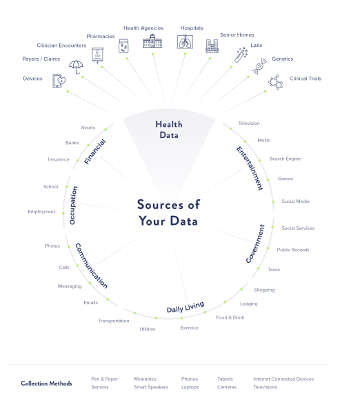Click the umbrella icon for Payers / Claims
[76, 67]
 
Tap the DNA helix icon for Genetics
[259, 66]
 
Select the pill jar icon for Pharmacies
[123, 46]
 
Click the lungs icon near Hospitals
[185, 41]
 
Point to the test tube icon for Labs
[241, 54]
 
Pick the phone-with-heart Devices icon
[59, 81]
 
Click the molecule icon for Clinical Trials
[275, 82]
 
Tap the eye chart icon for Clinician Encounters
[98, 55]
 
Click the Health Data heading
[169, 130]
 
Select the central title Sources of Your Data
[168, 212]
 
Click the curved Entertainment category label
[250, 168]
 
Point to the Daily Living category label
[186, 307]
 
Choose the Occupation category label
[73, 205]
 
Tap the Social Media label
[296, 201]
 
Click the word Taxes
[274, 270]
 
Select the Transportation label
[114, 321]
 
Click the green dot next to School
[67, 187]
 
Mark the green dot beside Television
[231, 129]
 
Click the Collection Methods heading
[46, 383]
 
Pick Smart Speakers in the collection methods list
[151, 387]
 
